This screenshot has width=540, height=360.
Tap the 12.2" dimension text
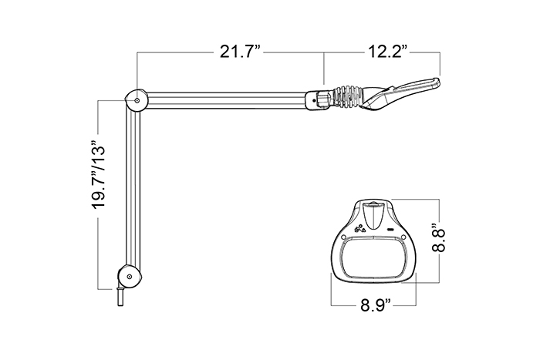(388, 52)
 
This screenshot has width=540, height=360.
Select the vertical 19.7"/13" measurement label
(98, 176)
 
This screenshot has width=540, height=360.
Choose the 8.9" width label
(376, 305)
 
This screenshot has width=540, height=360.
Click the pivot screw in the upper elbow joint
(137, 100)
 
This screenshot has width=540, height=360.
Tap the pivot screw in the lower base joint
(129, 277)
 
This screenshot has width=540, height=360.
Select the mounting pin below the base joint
(120, 296)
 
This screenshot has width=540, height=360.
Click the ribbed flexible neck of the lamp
(347, 96)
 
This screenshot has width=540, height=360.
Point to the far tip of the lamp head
(440, 81)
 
